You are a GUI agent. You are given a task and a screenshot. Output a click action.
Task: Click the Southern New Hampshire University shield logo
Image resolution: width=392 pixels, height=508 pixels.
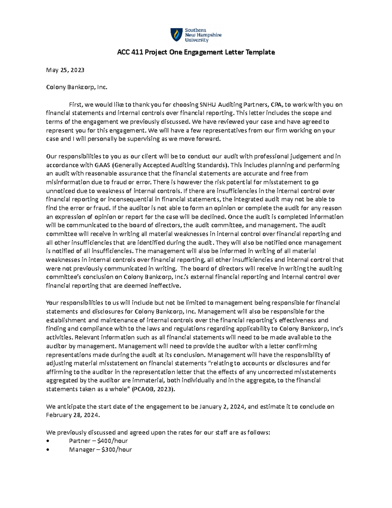[x=176, y=35]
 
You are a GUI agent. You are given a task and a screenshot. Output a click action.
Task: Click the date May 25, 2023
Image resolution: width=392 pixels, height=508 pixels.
[x=65, y=70]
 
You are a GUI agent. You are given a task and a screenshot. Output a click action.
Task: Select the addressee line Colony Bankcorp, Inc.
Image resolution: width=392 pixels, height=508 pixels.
[x=76, y=87]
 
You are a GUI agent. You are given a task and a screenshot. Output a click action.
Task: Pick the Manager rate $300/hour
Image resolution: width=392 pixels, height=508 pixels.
[x=117, y=450]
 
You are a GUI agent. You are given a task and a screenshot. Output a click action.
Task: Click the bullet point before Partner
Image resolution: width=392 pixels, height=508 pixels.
[x=49, y=441]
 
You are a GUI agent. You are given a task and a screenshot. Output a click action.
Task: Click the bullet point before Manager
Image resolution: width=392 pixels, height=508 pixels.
[x=49, y=450]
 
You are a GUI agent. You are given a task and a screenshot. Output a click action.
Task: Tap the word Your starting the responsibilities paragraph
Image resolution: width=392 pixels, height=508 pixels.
[x=53, y=303]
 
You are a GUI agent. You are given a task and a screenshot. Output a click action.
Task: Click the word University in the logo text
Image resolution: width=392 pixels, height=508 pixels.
[x=197, y=40]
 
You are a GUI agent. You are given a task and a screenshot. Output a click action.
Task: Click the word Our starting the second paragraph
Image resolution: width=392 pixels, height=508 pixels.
[x=52, y=156]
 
